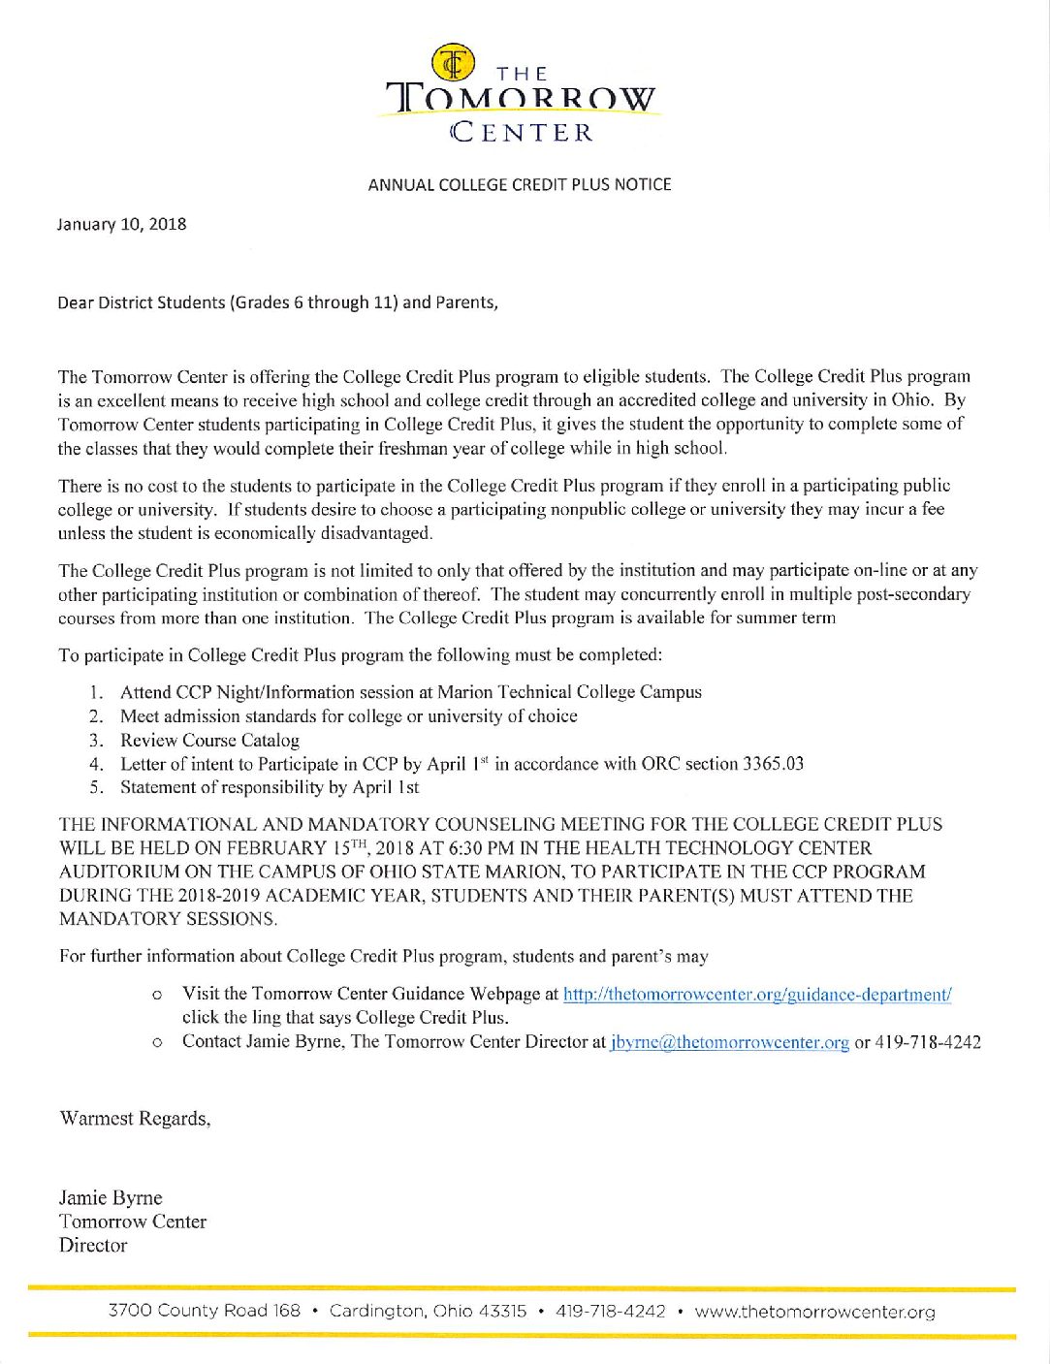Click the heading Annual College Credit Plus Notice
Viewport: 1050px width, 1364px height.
520,184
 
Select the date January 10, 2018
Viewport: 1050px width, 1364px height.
122,224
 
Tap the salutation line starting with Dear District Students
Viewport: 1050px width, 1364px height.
278,302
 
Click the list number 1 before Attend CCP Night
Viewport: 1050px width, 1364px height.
94,692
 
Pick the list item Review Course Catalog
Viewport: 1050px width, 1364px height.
209,740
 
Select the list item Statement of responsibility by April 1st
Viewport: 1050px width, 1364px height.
270,787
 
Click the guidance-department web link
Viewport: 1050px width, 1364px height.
757,995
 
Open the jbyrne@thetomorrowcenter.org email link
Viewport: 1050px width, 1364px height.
730,1042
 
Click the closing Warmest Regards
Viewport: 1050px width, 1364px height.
135,1119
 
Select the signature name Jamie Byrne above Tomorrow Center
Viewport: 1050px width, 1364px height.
111,1198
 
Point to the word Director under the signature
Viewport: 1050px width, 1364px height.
93,1246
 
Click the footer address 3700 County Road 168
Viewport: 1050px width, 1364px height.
205,1312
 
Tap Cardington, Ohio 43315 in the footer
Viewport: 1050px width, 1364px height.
428,1312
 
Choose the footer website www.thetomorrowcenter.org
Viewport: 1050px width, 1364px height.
814,1312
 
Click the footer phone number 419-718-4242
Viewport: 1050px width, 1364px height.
611,1312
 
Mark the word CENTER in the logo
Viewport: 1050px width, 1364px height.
523,132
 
